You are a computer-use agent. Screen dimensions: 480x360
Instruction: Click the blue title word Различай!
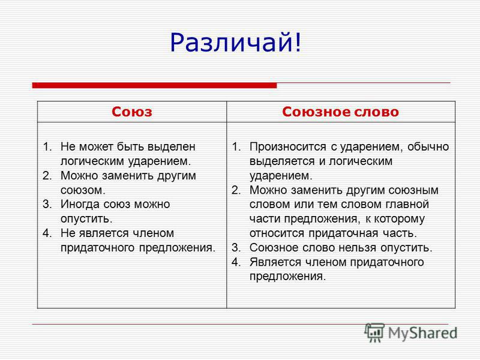point(236,43)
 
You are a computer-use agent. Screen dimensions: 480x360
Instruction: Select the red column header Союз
point(131,112)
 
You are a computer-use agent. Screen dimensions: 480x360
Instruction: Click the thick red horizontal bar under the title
point(154,85)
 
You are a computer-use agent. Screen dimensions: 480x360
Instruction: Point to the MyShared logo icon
point(374,332)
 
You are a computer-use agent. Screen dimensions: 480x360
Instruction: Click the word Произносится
point(288,147)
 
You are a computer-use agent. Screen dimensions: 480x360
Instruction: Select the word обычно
point(428,147)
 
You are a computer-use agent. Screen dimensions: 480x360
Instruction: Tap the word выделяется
point(282,161)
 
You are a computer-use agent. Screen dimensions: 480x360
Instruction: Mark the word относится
point(277,233)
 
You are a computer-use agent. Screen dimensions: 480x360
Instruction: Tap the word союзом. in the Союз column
point(83,190)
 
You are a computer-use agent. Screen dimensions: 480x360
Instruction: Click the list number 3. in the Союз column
point(47,204)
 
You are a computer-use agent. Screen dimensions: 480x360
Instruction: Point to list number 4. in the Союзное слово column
point(236,262)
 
